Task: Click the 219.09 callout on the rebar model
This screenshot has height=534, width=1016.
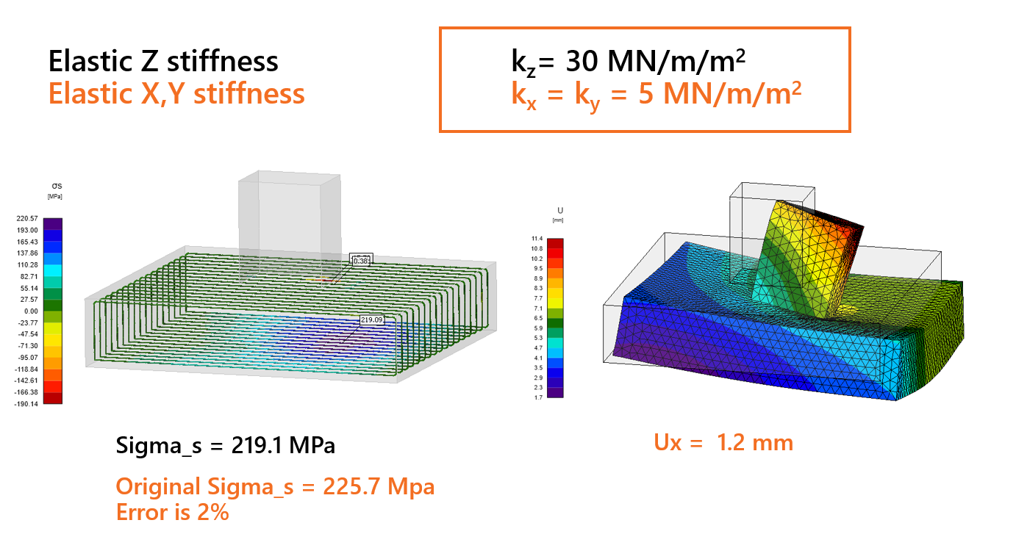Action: [x=371, y=320]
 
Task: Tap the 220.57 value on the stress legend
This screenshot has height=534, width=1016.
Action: [x=28, y=218]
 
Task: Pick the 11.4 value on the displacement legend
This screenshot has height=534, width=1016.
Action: [x=537, y=239]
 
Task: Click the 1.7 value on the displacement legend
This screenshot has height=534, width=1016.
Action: [x=539, y=397]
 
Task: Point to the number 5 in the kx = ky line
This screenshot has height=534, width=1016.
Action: [x=645, y=95]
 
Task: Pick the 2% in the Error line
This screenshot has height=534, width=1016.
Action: [x=213, y=511]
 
